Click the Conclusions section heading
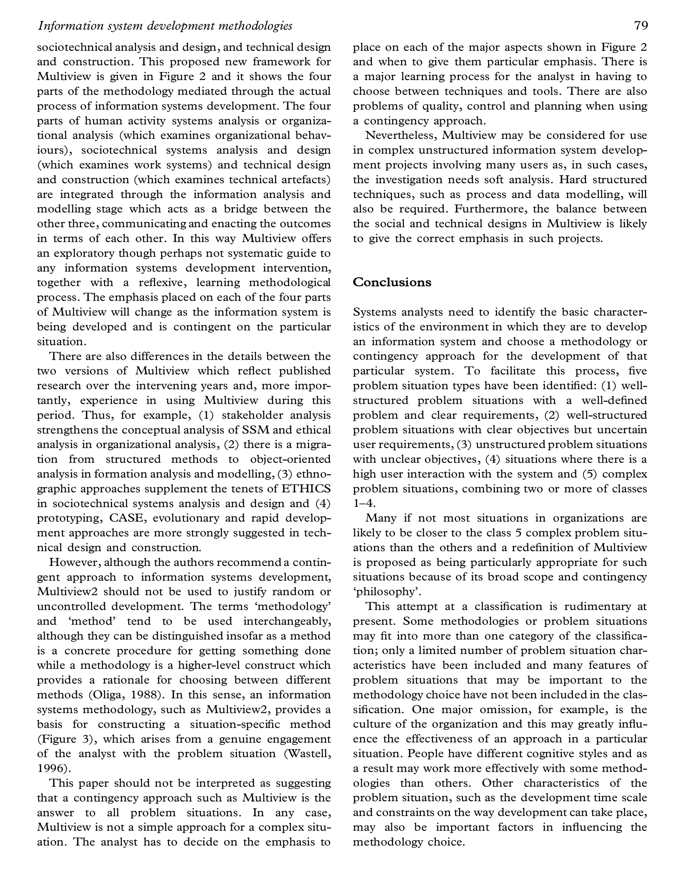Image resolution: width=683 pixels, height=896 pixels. click(392, 282)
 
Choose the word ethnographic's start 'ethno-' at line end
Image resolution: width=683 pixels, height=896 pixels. click(315, 474)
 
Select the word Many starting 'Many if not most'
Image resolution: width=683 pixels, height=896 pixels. click(381, 518)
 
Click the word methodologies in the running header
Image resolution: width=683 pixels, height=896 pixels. click(256, 26)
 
